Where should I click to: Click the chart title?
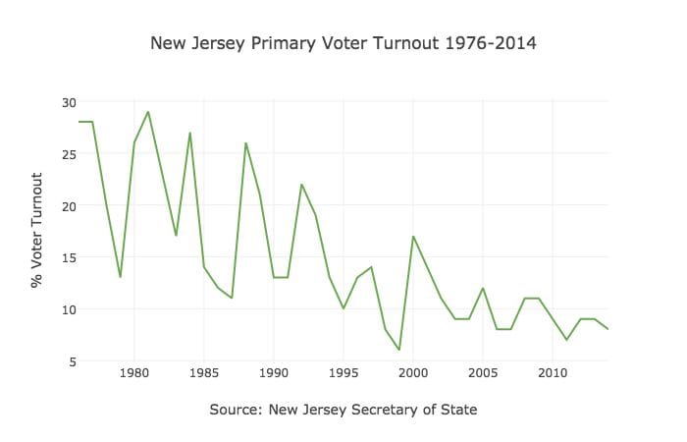pyautogui.click(x=343, y=44)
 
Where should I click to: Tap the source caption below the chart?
pyautogui.click(x=343, y=409)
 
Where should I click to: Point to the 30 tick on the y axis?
pyautogui.click(x=68, y=102)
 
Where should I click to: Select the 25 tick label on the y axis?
pyautogui.click(x=68, y=153)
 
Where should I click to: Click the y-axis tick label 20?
pyautogui.click(x=68, y=205)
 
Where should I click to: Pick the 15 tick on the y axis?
pyautogui.click(x=68, y=257)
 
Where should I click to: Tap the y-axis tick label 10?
pyautogui.click(x=68, y=309)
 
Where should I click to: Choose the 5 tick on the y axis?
pyautogui.click(x=71, y=360)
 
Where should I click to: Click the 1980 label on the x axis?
pyautogui.click(x=134, y=373)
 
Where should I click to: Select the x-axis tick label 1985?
pyautogui.click(x=204, y=373)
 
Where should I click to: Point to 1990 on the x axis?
pyautogui.click(x=274, y=373)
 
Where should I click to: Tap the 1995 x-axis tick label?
pyautogui.click(x=343, y=373)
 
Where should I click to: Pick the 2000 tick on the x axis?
pyautogui.click(x=413, y=373)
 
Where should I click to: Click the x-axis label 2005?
pyautogui.click(x=483, y=373)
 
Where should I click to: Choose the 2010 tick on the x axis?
pyautogui.click(x=553, y=373)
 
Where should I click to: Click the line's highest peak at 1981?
pyautogui.click(x=148, y=112)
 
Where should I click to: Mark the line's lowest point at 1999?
pyautogui.click(x=399, y=350)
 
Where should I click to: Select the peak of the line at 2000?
pyautogui.click(x=413, y=236)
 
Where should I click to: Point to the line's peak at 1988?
pyautogui.click(x=245, y=143)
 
